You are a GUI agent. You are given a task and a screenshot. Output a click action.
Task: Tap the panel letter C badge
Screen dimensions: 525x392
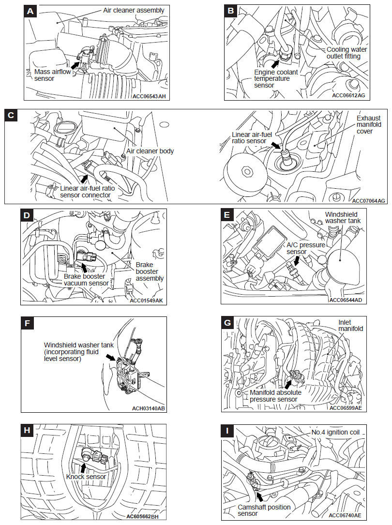tap(12, 116)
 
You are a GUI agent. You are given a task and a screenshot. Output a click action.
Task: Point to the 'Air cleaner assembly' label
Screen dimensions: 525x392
tap(134, 10)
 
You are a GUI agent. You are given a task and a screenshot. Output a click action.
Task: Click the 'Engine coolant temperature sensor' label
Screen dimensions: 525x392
tap(276, 78)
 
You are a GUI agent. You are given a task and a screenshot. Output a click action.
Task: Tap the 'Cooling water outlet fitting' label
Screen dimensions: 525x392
tap(347, 53)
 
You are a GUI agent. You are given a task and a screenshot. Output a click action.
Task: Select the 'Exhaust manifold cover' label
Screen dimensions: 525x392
tap(369, 124)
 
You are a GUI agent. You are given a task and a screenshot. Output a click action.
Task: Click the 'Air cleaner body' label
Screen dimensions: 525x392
tap(150, 151)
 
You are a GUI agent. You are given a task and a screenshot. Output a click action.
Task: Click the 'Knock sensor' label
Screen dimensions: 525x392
tap(86, 477)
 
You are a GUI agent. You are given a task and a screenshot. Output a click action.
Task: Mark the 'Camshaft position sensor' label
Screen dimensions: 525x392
tap(264, 510)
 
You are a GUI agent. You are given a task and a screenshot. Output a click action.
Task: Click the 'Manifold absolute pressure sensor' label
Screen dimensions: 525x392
tap(275, 396)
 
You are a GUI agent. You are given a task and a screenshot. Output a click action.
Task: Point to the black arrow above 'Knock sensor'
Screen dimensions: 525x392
tap(83, 467)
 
